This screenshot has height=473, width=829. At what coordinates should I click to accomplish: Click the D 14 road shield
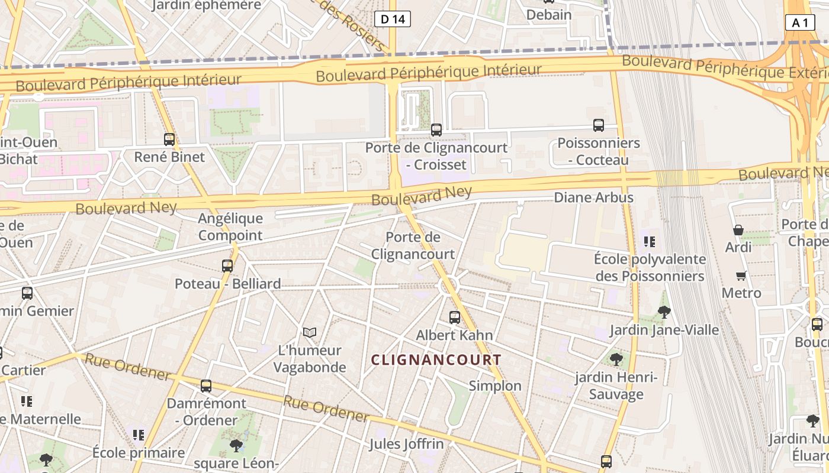[x=393, y=19]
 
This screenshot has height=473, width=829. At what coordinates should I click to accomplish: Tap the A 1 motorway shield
[x=800, y=22]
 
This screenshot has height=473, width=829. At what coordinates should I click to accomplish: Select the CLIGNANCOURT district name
[x=436, y=359]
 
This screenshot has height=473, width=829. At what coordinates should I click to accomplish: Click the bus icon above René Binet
[x=169, y=140]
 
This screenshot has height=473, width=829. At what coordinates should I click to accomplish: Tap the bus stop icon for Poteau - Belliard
[x=227, y=266]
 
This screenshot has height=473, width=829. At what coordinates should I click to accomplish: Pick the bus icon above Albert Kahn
[x=455, y=318]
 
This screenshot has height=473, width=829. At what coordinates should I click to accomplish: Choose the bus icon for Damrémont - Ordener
[x=206, y=386]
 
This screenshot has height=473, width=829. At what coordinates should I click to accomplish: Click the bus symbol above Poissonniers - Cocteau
[x=599, y=125]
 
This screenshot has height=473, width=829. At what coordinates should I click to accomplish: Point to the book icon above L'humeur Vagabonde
[x=310, y=332]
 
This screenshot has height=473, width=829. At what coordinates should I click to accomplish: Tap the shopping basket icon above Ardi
[x=738, y=230]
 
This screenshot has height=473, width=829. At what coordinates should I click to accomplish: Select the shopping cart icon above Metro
[x=741, y=276]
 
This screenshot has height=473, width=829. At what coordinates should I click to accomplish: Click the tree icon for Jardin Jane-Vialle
[x=664, y=312]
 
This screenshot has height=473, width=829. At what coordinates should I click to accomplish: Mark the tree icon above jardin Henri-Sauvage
[x=616, y=359]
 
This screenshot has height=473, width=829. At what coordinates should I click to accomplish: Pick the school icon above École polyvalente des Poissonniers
[x=650, y=241]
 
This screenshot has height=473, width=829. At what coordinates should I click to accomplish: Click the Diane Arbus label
[x=593, y=197]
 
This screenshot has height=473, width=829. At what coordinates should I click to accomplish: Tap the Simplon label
[x=495, y=386]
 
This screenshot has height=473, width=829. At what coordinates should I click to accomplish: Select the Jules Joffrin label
[x=406, y=443]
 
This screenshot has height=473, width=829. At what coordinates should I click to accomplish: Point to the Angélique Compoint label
[x=230, y=227]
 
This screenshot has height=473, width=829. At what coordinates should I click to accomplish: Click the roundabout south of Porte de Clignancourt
[x=448, y=287]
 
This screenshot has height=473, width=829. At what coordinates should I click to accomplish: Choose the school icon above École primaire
[x=139, y=435]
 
